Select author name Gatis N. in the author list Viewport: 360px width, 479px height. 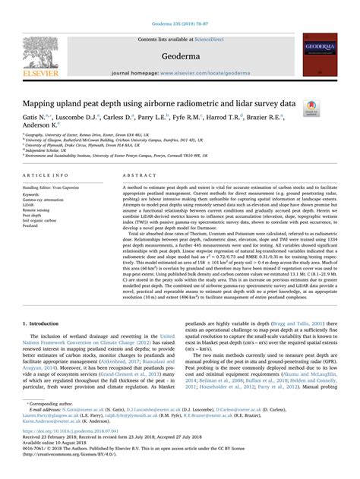pyautogui.click(x=33, y=117)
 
